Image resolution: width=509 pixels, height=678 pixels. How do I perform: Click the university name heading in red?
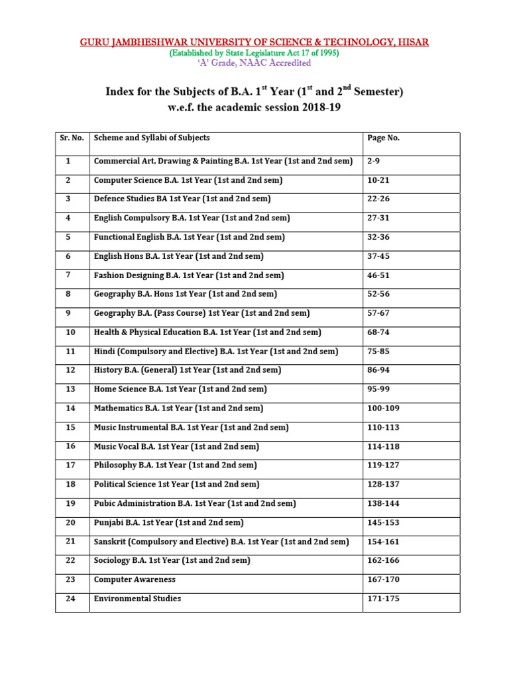tap(254, 42)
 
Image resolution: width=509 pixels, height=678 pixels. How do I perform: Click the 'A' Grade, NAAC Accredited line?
tap(254, 63)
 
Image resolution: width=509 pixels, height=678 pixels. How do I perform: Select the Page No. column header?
tap(383, 138)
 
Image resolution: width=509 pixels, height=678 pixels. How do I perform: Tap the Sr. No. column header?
tap(71, 138)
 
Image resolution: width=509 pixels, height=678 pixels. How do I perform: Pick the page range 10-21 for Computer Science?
tap(380, 180)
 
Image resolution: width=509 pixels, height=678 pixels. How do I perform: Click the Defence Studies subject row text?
tap(182, 199)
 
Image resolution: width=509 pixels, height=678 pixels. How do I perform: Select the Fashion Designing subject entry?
tap(189, 275)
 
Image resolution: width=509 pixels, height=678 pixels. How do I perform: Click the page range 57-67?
tap(380, 313)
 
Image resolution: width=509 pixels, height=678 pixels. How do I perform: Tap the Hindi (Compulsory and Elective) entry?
tap(215, 351)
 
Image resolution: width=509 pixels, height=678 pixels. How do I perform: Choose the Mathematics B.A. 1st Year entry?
tap(178, 409)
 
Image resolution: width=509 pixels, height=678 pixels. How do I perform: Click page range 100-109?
tap(384, 409)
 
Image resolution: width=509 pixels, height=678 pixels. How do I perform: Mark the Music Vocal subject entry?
tap(176, 446)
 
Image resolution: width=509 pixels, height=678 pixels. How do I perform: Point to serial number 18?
tap(71, 485)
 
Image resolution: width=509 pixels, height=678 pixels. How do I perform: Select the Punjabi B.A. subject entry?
tap(169, 522)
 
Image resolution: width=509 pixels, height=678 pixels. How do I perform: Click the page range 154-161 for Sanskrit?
tap(384, 542)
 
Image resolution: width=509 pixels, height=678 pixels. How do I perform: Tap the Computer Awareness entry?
tap(135, 579)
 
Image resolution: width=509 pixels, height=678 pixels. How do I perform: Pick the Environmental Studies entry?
tap(137, 599)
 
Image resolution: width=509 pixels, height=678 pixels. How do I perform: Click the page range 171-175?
tap(384, 599)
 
